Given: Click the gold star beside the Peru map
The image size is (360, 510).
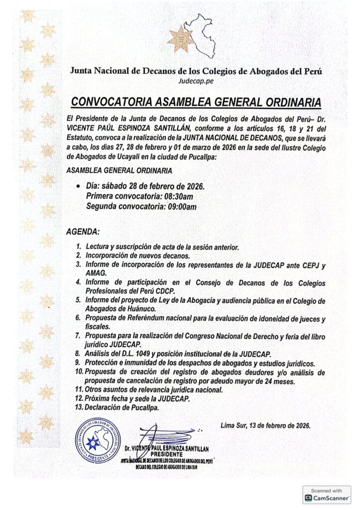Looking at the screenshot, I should tap(180, 39).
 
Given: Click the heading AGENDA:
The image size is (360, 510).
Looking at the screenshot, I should tap(82, 232).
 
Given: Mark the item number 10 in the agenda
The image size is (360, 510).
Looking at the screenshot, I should tap(79, 373).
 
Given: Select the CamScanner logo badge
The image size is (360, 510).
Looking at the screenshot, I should tap(327, 495).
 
